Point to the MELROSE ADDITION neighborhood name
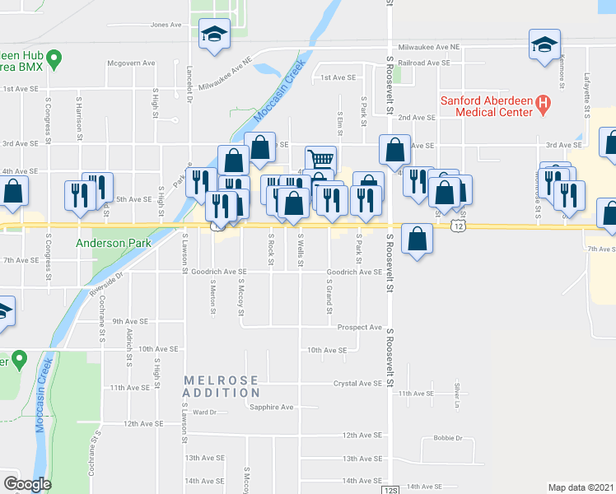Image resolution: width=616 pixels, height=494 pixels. click(x=222, y=386)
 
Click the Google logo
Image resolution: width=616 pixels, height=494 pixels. click(x=28, y=484)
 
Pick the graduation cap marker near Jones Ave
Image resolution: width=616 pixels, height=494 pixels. click(x=214, y=35)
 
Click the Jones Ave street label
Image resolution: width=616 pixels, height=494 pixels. click(x=166, y=25)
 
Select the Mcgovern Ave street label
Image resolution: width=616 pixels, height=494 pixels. click(x=131, y=63)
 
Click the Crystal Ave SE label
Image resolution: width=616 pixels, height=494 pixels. click(x=357, y=384)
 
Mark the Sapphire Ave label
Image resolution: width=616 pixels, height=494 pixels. click(x=272, y=407)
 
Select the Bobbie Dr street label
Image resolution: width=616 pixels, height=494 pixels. click(x=448, y=438)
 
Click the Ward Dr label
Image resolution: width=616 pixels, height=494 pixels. click(x=205, y=412)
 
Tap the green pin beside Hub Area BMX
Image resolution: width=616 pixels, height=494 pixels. click(x=54, y=58)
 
